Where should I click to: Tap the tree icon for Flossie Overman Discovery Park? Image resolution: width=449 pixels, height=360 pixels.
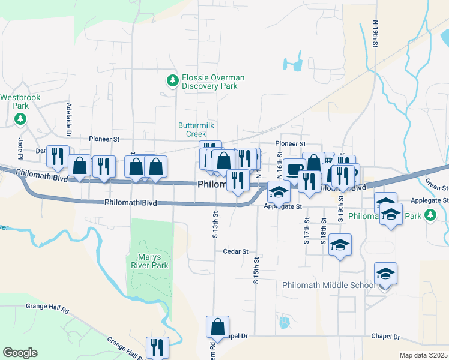coord(173,80)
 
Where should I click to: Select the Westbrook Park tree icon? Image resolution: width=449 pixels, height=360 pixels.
coord(21,118)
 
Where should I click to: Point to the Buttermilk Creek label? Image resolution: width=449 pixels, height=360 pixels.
coord(196,130)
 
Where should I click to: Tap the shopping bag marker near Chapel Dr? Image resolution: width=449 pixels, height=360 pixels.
coord(217,327)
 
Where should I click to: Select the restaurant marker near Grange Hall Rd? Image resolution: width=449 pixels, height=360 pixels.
coord(157,347)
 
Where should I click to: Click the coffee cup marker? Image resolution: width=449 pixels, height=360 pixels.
coord(294,170)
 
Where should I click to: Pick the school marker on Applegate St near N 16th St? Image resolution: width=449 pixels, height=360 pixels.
coord(279,191)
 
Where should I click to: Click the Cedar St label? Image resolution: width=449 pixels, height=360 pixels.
coord(235,251)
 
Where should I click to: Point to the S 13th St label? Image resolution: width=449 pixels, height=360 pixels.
coord(214,223)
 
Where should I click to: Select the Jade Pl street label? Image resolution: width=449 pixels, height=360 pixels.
coord(20,148)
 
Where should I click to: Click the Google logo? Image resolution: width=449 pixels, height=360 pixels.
coord(20,353)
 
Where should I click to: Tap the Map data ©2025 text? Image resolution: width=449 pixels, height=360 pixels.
coord(423,355)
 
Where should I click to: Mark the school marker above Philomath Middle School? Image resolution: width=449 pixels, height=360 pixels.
coord(385,274)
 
